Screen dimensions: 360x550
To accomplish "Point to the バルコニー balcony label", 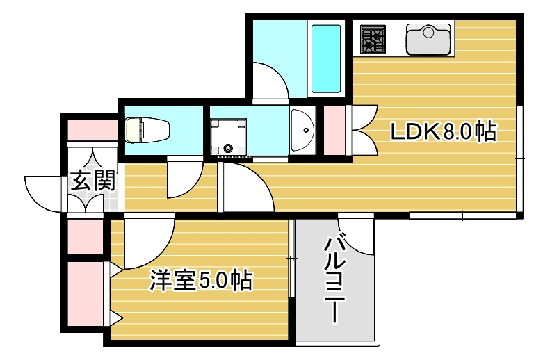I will [x=336, y=278].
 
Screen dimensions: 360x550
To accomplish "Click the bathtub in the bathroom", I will [x=325, y=58].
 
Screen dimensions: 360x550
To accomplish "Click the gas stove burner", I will [x=373, y=39].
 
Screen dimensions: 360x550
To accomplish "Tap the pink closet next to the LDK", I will [x=334, y=130].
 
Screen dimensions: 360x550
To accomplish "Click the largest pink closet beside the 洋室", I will [x=85, y=291].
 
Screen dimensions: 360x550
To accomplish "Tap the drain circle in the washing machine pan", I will [x=228, y=147].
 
